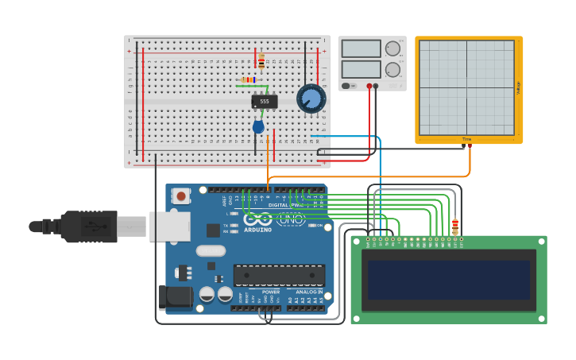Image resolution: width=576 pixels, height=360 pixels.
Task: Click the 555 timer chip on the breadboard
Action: pyautogui.click(x=265, y=102)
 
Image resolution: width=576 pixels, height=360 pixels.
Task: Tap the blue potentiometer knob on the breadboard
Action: pyautogui.click(x=311, y=99)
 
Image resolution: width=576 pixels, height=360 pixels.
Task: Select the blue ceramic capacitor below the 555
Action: pyautogui.click(x=258, y=126)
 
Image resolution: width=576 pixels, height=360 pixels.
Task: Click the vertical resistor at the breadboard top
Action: pyautogui.click(x=261, y=61)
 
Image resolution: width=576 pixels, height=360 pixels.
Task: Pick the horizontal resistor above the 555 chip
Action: pyautogui.click(x=248, y=79)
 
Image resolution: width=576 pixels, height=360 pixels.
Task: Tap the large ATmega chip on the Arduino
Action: pyautogui.click(x=279, y=275)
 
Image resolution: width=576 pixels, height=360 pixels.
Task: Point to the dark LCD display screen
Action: pyautogui.click(x=448, y=280)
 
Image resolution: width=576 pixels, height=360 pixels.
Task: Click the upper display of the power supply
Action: pyautogui.click(x=361, y=49)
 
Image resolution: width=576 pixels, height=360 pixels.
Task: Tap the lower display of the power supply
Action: pyautogui.click(x=361, y=69)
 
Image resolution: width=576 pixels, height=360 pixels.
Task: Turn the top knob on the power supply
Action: pyautogui.click(x=392, y=48)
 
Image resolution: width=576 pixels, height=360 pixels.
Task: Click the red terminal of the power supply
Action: pyautogui.click(x=369, y=85)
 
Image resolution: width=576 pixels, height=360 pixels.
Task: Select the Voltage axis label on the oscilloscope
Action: pyautogui.click(x=518, y=88)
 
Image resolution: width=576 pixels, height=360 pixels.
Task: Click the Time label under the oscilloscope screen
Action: pyautogui.click(x=466, y=139)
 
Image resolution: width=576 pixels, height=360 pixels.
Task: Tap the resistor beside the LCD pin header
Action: pyautogui.click(x=454, y=226)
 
